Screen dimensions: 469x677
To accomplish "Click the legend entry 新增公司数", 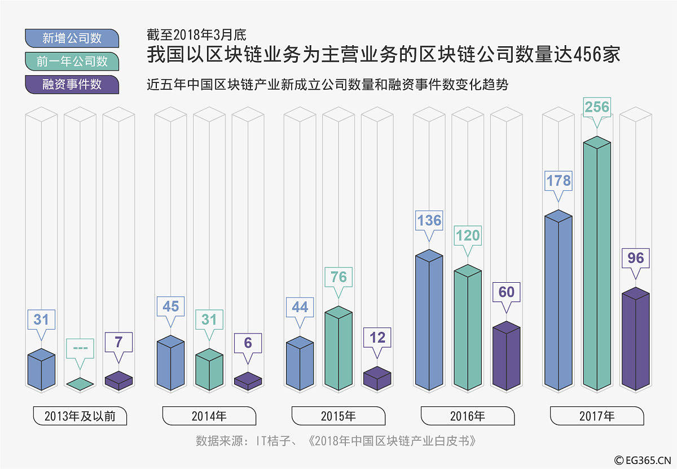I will click(72, 38).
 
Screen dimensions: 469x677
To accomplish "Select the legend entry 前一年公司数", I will click(72, 62).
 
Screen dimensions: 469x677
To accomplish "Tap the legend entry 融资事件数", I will click(72, 85).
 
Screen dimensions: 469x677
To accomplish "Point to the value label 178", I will click(559, 181).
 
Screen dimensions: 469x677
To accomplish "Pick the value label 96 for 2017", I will click(635, 258).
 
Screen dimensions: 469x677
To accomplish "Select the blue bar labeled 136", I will click(429, 322).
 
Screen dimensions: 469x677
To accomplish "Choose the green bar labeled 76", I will click(338, 350).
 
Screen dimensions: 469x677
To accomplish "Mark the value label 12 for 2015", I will click(377, 337).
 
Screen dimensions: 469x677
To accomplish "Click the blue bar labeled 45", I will click(170, 364).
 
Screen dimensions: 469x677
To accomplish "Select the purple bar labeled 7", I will click(118, 380).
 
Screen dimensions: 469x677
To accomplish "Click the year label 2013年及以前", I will click(80, 417).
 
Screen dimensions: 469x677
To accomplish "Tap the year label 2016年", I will click(468, 417).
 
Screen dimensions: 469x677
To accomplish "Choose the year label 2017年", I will click(597, 417).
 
